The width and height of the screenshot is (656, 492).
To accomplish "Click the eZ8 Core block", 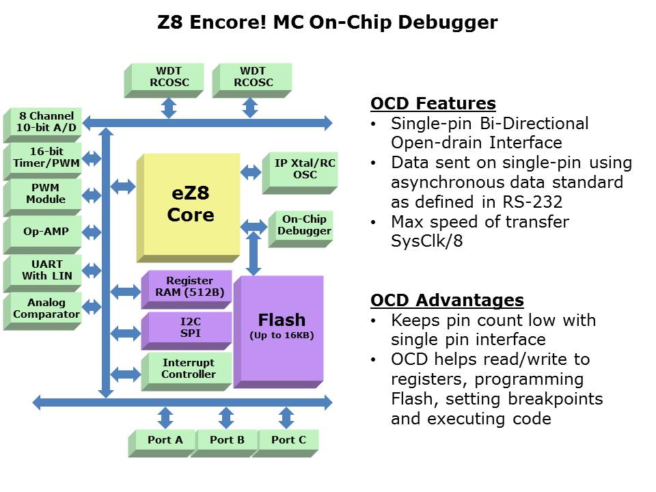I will [190, 206].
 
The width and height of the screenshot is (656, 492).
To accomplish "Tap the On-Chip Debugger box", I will [304, 225].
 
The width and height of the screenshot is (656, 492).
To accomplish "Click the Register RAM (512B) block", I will [189, 287].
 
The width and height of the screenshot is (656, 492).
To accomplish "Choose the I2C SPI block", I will [189, 327].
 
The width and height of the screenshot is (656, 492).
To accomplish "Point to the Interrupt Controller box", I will [189, 369].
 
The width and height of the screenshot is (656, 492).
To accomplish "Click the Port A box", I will [165, 440].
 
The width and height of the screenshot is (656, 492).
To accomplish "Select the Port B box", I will [227, 440].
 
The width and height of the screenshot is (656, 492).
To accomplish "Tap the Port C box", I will [288, 440].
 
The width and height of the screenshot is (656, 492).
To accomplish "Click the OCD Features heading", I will [433, 104].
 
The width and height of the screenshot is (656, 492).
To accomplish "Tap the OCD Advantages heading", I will [447, 301].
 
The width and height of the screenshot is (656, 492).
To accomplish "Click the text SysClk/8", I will [427, 241].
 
